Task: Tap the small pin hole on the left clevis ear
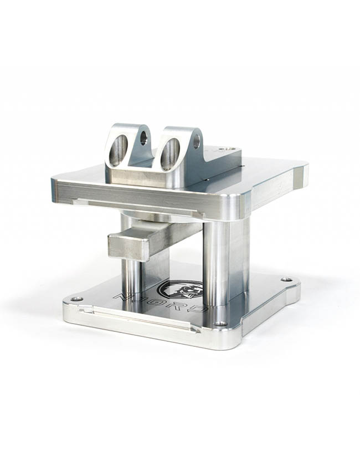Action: point(143,137)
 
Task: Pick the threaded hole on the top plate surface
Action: point(226,149)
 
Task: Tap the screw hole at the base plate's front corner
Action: point(220,324)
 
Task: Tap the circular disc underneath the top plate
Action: point(161,216)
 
